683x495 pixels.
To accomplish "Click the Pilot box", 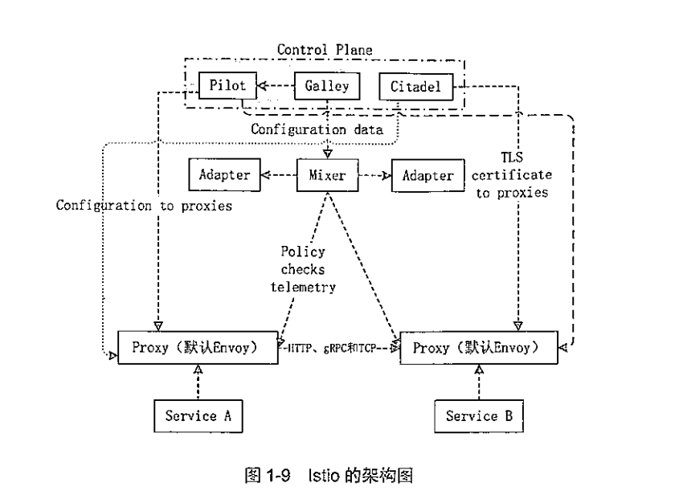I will click(227, 84).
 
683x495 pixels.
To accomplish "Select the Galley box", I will click(326, 85).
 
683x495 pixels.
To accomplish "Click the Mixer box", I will click(326, 174).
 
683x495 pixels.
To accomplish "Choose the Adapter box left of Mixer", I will click(219, 174).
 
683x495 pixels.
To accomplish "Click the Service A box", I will click(198, 415).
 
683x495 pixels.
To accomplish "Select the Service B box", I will click(479, 415).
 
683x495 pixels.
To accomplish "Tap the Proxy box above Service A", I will click(198, 348).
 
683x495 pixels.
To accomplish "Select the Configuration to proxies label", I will click(144, 206).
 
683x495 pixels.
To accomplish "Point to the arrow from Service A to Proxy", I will click(198, 382).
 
